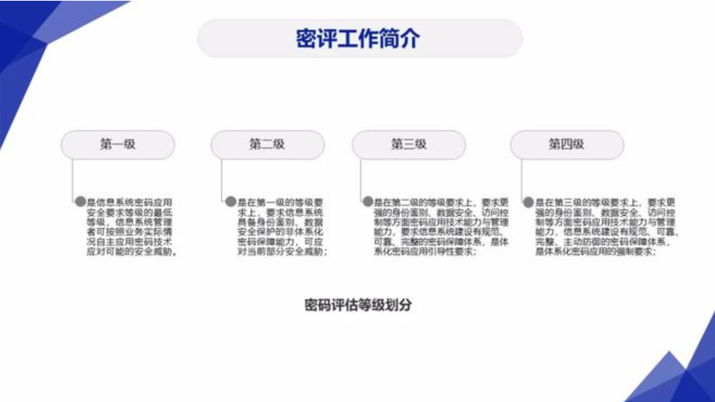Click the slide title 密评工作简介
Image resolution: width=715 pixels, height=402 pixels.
[358, 38]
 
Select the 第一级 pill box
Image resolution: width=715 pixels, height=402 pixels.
[117, 145]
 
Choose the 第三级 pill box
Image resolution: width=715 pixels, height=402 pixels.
[409, 145]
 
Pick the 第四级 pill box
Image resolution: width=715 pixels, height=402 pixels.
[566, 145]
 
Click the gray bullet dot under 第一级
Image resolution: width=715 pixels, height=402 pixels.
[80, 202]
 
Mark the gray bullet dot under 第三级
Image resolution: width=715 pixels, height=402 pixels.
[368, 202]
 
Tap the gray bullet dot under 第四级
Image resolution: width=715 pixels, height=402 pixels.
[529, 202]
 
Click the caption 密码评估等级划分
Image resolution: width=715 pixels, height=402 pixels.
[358, 305]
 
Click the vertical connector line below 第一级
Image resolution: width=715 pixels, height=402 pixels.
[74, 177]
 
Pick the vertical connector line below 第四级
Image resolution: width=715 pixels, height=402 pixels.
[523, 177]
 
